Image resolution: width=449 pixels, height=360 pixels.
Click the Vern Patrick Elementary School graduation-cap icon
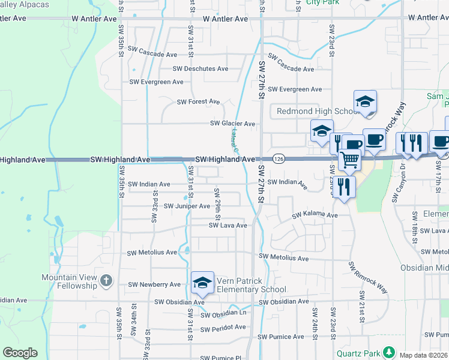[x=203, y=283]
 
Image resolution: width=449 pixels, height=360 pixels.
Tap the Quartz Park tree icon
[x=391, y=352]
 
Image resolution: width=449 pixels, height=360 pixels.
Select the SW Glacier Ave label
[x=232, y=124]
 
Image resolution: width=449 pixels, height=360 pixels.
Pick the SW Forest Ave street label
[x=198, y=102]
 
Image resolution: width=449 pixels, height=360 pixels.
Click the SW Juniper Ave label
[x=187, y=206]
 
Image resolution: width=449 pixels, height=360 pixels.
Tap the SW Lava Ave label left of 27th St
[x=228, y=226]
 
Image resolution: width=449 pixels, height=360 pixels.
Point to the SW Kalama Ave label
[x=315, y=215]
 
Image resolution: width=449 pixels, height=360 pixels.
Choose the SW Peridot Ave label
[x=223, y=328]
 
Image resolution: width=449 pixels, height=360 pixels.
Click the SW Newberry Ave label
[x=154, y=284]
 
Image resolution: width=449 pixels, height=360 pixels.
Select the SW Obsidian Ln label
[x=223, y=314]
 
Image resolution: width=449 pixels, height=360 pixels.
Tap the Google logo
[x=20, y=353]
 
